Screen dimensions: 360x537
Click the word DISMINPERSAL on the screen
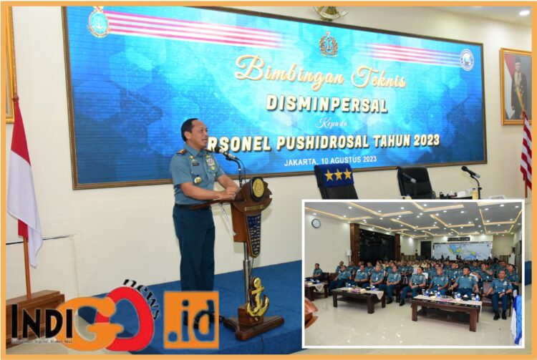tap(326, 104)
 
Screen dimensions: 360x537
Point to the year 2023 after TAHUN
tap(424, 140)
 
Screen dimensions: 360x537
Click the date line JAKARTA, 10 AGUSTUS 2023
tap(329, 162)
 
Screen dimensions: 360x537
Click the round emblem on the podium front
tap(258, 189)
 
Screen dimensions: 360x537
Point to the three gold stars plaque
tap(337, 175)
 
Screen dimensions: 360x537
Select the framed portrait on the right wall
tap(516, 86)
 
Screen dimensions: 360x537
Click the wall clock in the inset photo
tap(316, 223)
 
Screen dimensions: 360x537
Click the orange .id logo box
tap(191, 319)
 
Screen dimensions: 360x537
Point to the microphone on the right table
tap(470, 173)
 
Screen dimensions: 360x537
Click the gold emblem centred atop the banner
tap(329, 44)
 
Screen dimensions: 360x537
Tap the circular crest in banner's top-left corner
tap(99, 23)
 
